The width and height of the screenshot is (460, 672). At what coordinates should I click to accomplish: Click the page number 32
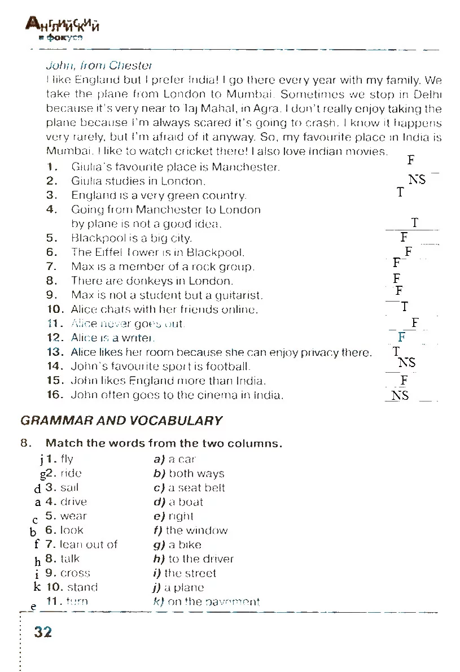pyautogui.click(x=43, y=631)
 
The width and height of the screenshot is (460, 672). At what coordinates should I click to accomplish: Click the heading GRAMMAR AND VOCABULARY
pyautogui.click(x=121, y=421)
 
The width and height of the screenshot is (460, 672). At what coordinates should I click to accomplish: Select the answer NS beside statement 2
pyautogui.click(x=417, y=180)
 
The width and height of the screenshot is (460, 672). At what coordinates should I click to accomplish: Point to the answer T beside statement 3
pyautogui.click(x=400, y=193)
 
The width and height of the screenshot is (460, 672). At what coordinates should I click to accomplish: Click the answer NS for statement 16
pyautogui.click(x=400, y=395)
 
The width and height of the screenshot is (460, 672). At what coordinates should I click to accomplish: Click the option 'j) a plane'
pyautogui.click(x=178, y=587)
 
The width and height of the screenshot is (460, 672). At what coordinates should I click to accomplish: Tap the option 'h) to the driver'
pyautogui.click(x=193, y=559)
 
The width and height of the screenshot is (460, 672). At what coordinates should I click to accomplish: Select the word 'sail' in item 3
pyautogui.click(x=69, y=487)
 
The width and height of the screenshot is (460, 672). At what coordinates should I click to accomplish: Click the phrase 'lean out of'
pyautogui.click(x=89, y=544)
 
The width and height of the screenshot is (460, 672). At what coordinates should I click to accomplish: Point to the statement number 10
pyautogui.click(x=57, y=309)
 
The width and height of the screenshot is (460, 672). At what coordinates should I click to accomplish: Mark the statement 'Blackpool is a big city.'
pyautogui.click(x=132, y=238)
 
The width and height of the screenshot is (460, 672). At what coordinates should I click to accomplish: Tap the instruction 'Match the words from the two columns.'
pyautogui.click(x=164, y=443)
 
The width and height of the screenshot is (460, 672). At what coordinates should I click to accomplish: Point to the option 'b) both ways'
pyautogui.click(x=189, y=474)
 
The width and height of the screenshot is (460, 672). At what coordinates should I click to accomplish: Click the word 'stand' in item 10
pyautogui.click(x=82, y=587)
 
